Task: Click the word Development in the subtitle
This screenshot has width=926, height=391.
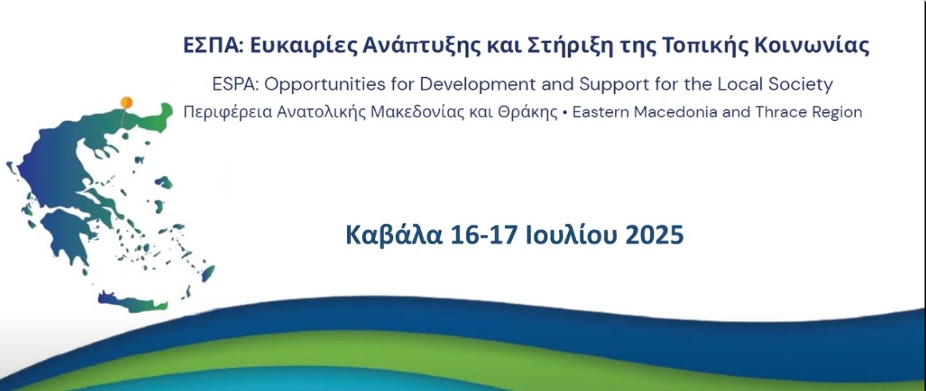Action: click(480, 85)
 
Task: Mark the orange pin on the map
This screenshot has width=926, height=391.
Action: click(126, 103)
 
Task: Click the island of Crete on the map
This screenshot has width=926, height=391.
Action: click(133, 302)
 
